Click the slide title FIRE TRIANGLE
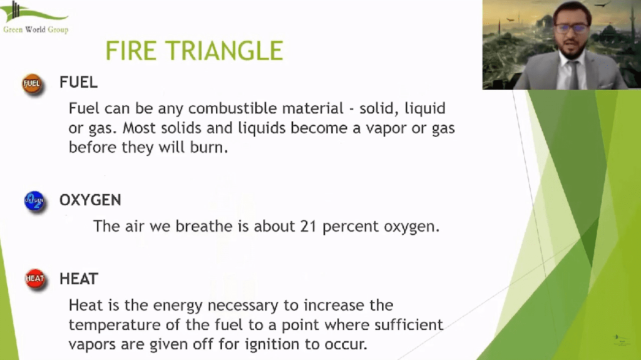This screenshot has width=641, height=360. coord(194,51)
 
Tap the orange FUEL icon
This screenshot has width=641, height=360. coord(32,84)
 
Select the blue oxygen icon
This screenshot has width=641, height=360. coord(34,201)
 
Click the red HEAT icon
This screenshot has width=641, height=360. coord(35,279)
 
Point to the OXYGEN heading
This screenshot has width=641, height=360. coord(90,200)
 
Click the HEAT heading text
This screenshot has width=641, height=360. coord(79,279)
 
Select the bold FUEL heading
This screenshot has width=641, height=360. coord(78,82)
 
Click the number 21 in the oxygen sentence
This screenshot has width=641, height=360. coord(308,226)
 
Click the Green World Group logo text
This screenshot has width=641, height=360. coord(36,29)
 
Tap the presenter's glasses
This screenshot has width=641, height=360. coord(572,28)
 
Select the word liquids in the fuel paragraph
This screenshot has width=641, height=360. coord(262,128)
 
